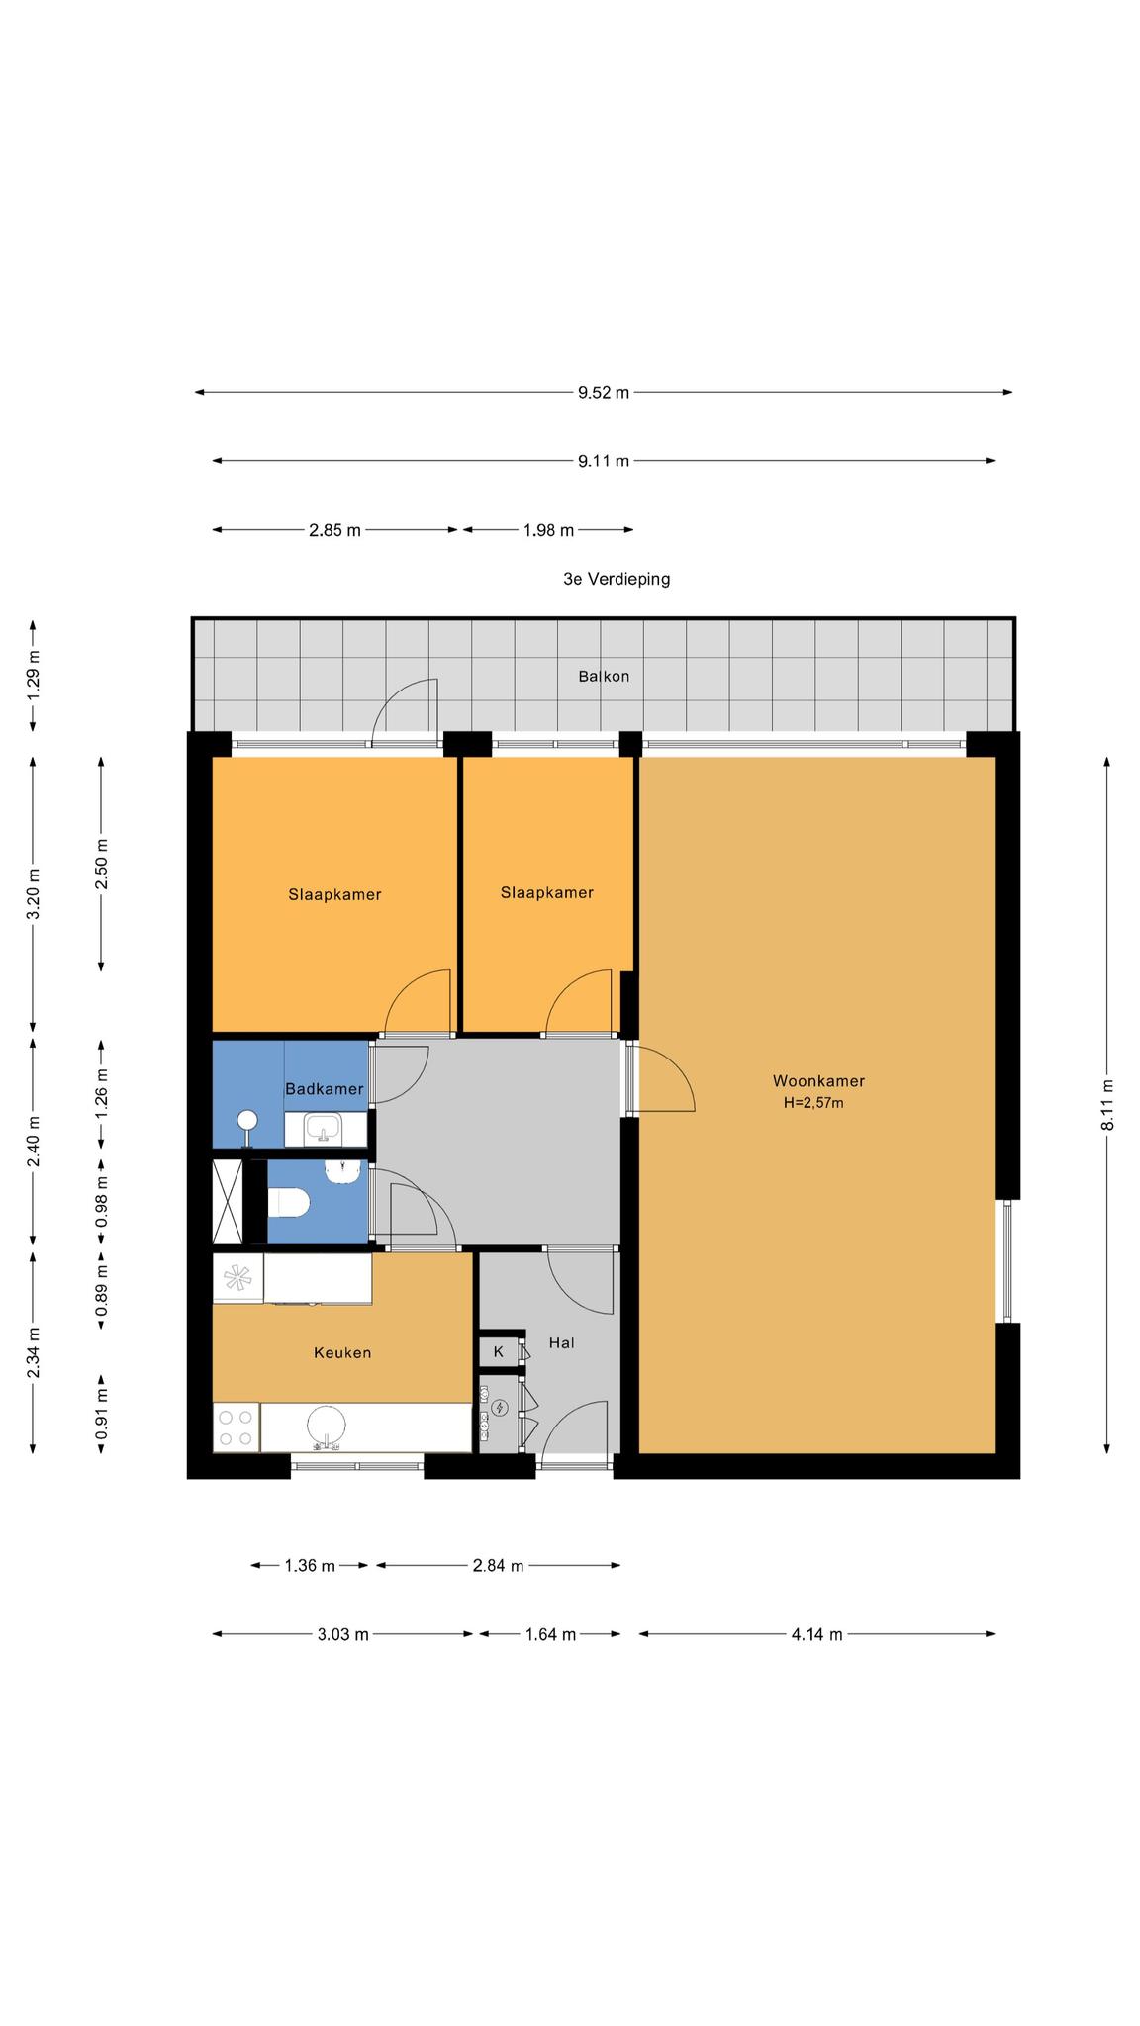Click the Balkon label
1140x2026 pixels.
coord(604,677)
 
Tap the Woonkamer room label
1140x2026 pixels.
coord(818,1081)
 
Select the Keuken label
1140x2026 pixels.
coord(342,1352)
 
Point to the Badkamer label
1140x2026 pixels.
coord(324,1089)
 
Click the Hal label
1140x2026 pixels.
coord(562,1342)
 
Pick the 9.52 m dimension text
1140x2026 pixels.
coord(604,392)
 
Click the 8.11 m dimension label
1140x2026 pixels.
coord(1107,1104)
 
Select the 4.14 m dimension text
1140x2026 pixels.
coord(817,1634)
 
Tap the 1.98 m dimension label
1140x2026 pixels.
coord(548,530)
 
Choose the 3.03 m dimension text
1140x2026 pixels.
coord(342,1634)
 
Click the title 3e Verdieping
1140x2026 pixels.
coord(617,579)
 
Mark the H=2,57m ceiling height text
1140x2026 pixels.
coord(813,1103)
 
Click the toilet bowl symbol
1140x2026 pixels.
coord(289,1203)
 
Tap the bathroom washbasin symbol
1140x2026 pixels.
coord(323,1127)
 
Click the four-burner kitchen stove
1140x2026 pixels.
coord(237,1427)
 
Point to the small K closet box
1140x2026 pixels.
coord(499,1351)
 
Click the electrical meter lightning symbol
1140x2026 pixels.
coord(500,1408)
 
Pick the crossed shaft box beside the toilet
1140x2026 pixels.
coord(229,1202)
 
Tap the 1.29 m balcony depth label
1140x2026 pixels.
coord(33,677)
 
